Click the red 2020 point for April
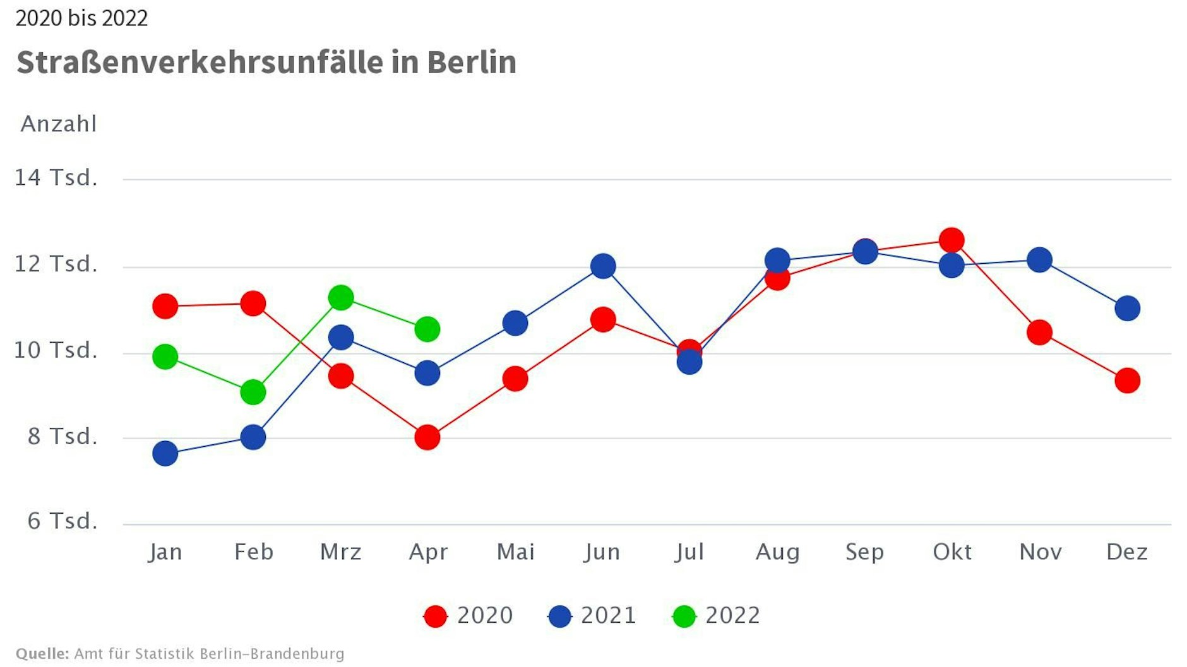427,437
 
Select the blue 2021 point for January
165,453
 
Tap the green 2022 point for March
341,297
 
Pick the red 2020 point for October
951,240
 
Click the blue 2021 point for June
603,266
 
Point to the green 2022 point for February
253,392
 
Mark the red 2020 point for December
1127,381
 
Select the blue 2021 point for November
1039,259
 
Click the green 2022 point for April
427,329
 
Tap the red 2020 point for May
515,379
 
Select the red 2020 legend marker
435,616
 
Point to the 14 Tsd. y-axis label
56,177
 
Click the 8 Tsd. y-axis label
62,436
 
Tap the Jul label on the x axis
689,552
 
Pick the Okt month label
951,552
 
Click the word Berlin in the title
472,62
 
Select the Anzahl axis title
59,124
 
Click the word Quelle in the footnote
42,654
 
